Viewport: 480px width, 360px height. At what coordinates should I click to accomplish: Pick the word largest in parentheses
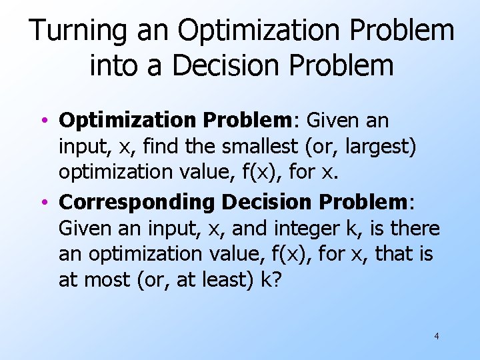tap(377, 146)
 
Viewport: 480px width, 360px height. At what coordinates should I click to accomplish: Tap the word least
tap(230, 281)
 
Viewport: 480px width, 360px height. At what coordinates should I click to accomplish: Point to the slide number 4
tap(437, 336)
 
